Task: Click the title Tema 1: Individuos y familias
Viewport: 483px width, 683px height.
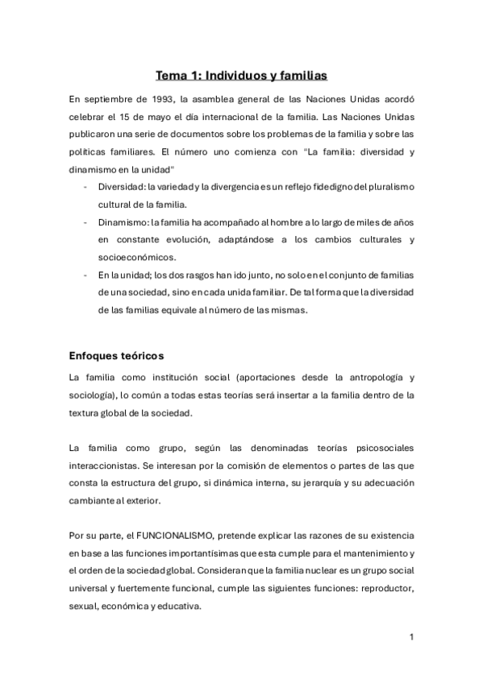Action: click(241, 77)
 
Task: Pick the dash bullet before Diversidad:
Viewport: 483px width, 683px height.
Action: click(86, 187)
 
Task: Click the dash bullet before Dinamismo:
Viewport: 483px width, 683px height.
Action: click(86, 222)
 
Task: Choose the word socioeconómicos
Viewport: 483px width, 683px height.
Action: click(133, 258)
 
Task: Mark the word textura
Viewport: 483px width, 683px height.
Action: click(87, 412)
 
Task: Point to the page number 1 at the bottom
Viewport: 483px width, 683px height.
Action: click(411, 638)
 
